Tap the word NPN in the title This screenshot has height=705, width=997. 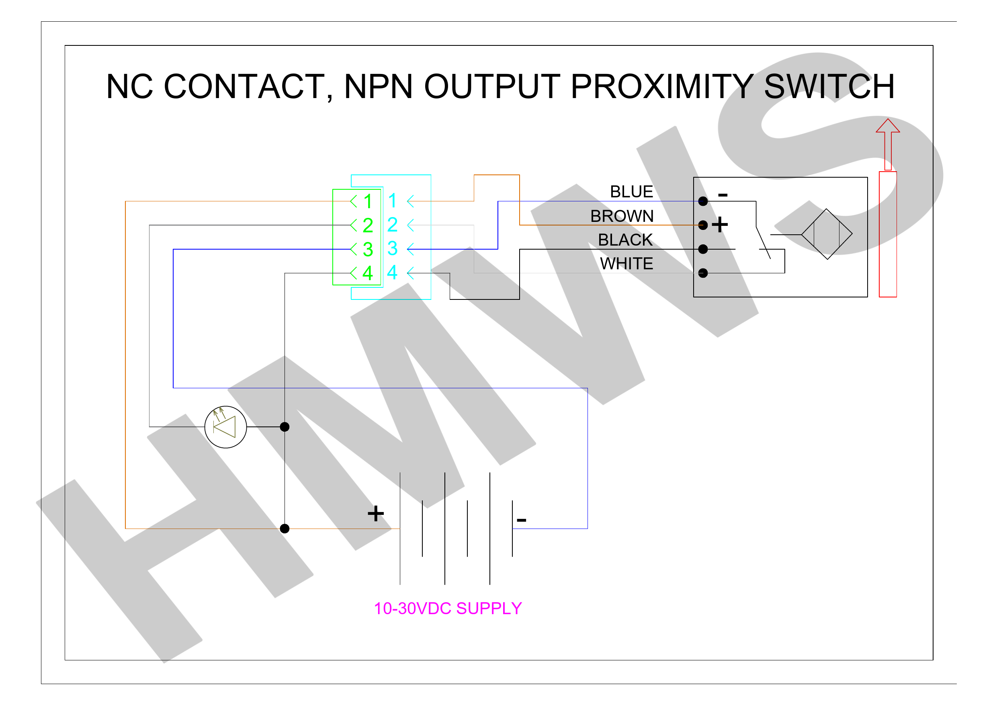[x=378, y=86]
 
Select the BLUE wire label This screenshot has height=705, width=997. [x=631, y=192]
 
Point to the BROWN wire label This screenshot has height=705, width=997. [x=622, y=216]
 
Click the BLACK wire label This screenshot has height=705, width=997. [x=625, y=240]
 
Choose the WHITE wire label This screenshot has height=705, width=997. [x=626, y=264]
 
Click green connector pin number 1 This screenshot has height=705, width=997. [x=368, y=201]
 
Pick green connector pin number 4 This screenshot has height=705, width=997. [x=367, y=273]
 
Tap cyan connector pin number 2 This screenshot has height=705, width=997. [x=392, y=225]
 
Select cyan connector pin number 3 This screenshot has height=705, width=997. [x=392, y=248]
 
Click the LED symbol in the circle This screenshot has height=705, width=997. [x=225, y=427]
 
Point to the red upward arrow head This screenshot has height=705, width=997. [x=888, y=125]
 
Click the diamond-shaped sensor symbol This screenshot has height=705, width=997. [x=827, y=234]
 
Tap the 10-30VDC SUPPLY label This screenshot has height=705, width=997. [x=448, y=609]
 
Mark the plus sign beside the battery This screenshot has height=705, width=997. [x=376, y=513]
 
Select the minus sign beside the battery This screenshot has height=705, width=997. [x=522, y=520]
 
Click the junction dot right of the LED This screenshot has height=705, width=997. [x=285, y=427]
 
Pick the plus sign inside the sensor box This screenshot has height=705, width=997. [x=720, y=225]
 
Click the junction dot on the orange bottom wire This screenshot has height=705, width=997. [x=285, y=529]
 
